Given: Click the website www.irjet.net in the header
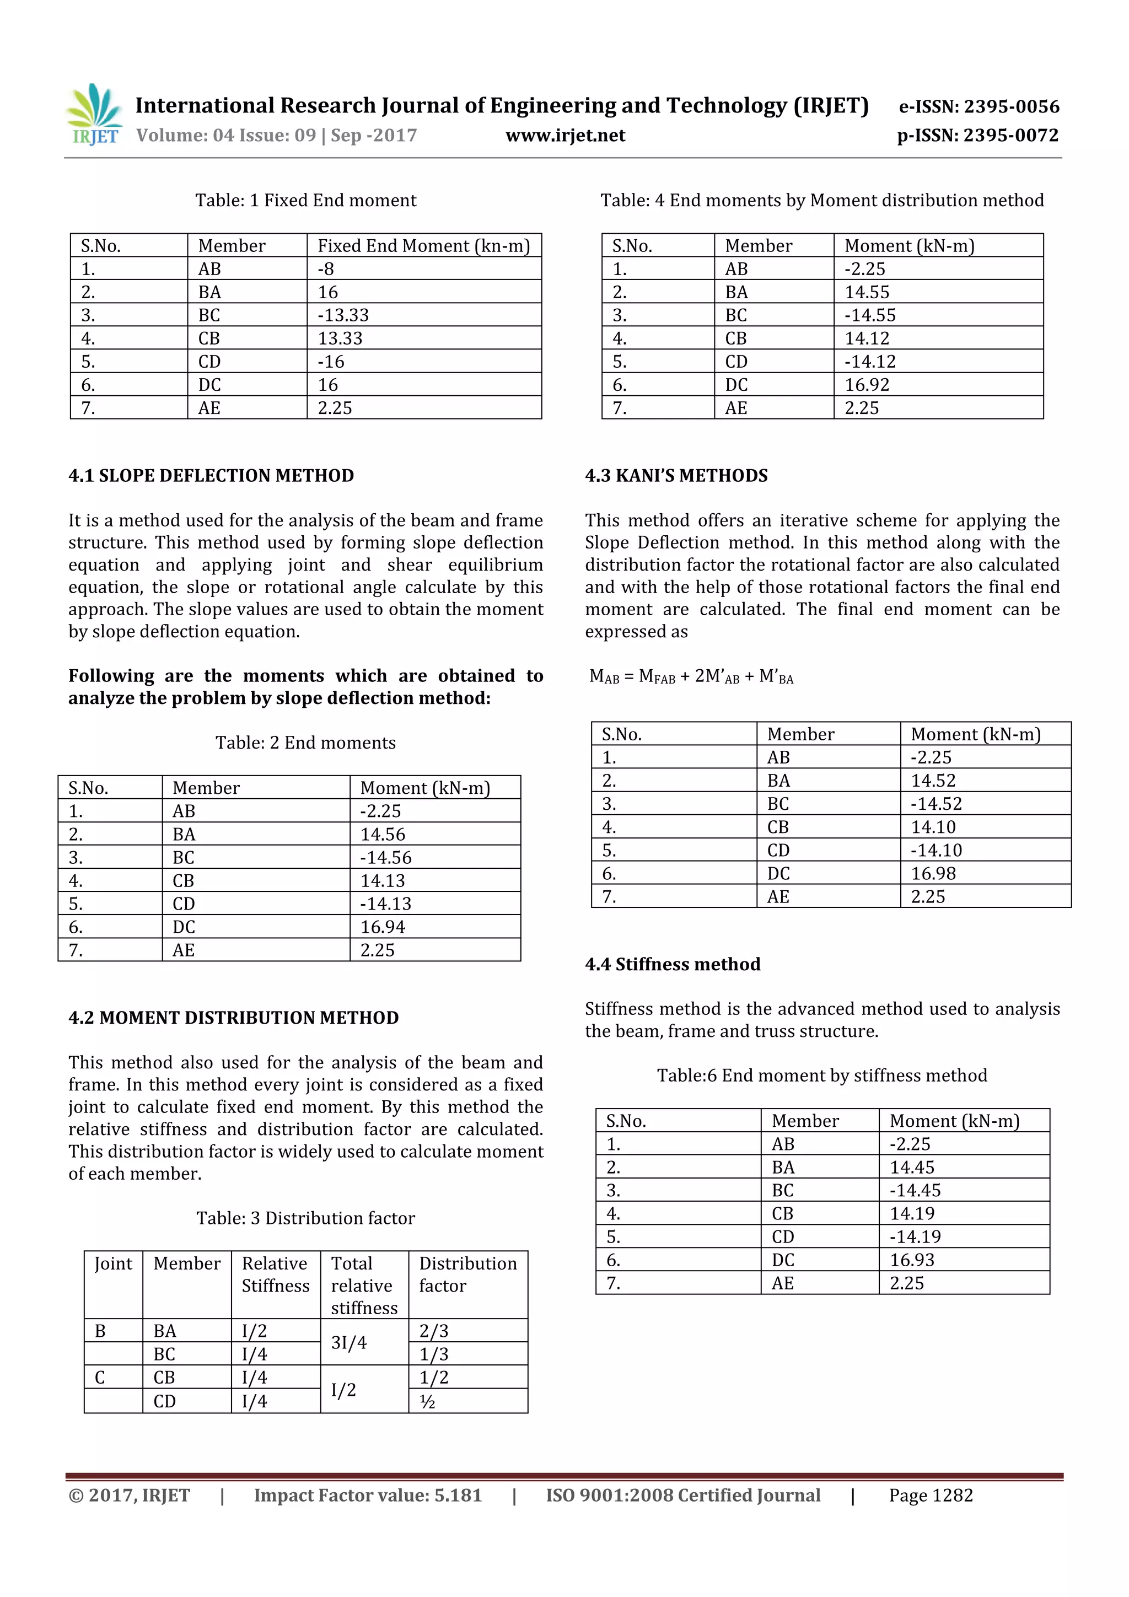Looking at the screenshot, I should pos(565,136).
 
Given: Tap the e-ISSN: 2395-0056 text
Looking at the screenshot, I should pos(978,106).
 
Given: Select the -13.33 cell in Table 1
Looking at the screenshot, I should pos(343,315).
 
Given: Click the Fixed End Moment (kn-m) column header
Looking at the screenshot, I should pos(423,245).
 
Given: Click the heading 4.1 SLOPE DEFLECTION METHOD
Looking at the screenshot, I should pos(211,476).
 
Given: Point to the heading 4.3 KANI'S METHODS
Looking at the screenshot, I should pos(676,476).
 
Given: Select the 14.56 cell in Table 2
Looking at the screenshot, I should pos(383,834).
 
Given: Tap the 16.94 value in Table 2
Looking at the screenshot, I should pos(383,927).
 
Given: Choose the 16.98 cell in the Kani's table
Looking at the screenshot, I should pos(933,874).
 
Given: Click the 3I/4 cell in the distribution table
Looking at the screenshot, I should pos(348,1342).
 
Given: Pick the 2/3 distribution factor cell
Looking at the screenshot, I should pos(433,1331).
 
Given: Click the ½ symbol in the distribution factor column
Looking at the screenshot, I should pos(427,1401).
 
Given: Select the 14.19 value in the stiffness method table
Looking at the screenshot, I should pos(912,1214).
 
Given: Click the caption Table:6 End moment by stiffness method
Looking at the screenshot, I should pos(821,1076).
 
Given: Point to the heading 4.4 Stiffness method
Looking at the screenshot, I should pos(673,964).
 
